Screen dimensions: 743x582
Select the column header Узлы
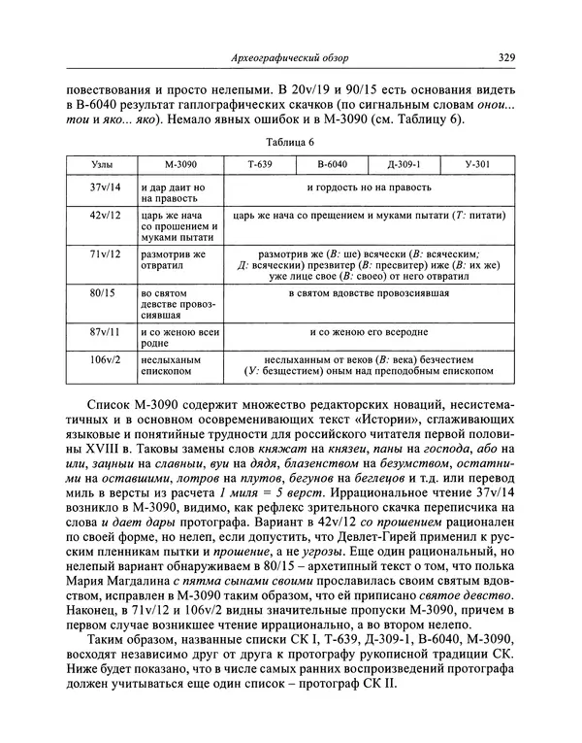click(100, 165)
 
